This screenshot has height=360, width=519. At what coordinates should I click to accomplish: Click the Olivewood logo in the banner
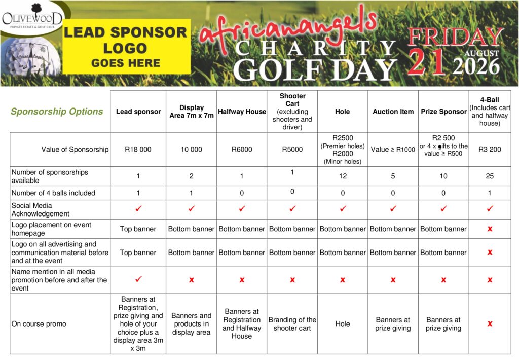[x=31, y=19]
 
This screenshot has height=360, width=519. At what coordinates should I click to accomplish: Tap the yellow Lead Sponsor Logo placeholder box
[x=125, y=48]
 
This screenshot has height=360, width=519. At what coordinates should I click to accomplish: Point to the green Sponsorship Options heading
[x=57, y=112]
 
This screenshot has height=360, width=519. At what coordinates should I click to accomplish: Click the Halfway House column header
[x=242, y=112]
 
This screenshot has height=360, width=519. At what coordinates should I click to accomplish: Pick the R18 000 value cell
[x=138, y=150]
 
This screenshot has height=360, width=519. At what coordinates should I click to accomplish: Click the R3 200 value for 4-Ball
[x=489, y=150]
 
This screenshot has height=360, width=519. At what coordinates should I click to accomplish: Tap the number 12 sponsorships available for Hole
[x=343, y=176]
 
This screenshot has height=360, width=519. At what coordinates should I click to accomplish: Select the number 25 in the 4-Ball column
[x=489, y=176]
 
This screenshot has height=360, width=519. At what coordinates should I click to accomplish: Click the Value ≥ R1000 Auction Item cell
[x=393, y=150]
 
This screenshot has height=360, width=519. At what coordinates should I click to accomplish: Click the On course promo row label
[x=39, y=324]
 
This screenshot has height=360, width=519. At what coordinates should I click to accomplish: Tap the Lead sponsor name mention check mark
[x=138, y=279]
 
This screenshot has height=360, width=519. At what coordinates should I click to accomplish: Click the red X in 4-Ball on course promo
[x=490, y=323]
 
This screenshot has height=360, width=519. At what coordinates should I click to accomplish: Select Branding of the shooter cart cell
[x=292, y=324]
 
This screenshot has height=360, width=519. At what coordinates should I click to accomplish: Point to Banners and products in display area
[x=191, y=324]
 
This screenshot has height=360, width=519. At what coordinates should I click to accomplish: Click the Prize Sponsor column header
[x=443, y=112]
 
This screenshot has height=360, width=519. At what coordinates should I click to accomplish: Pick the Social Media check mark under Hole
[x=343, y=208]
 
